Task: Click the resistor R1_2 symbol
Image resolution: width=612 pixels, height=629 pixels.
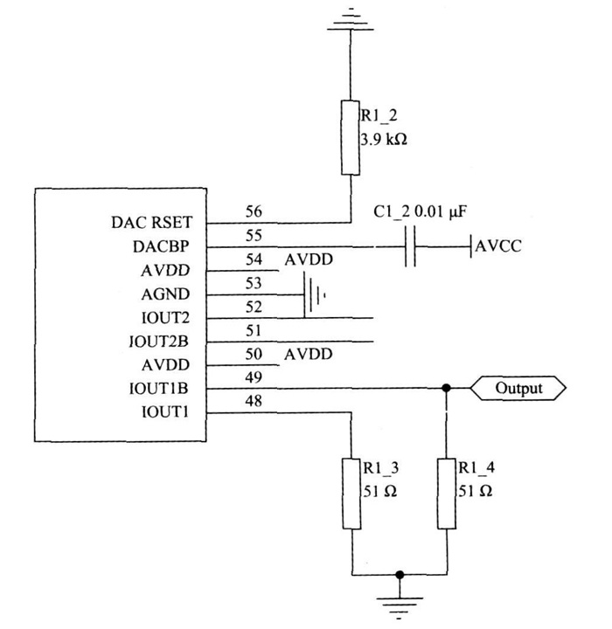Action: tap(350, 138)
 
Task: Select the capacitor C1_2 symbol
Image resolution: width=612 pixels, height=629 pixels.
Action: tap(410, 246)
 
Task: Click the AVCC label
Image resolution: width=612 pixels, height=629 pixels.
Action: tap(498, 246)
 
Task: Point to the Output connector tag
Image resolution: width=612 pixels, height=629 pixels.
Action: tap(519, 387)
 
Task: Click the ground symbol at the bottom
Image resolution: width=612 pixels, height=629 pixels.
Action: tap(400, 603)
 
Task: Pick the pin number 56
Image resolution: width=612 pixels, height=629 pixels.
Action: tap(254, 211)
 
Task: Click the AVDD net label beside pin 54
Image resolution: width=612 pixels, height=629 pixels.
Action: tap(309, 260)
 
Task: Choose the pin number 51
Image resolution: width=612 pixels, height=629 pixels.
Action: tap(254, 330)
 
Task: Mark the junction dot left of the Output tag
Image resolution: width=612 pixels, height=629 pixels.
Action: tap(447, 388)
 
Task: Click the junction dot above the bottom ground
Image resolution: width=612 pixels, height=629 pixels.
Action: tap(400, 575)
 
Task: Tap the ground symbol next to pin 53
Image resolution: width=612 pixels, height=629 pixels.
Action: tap(313, 295)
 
